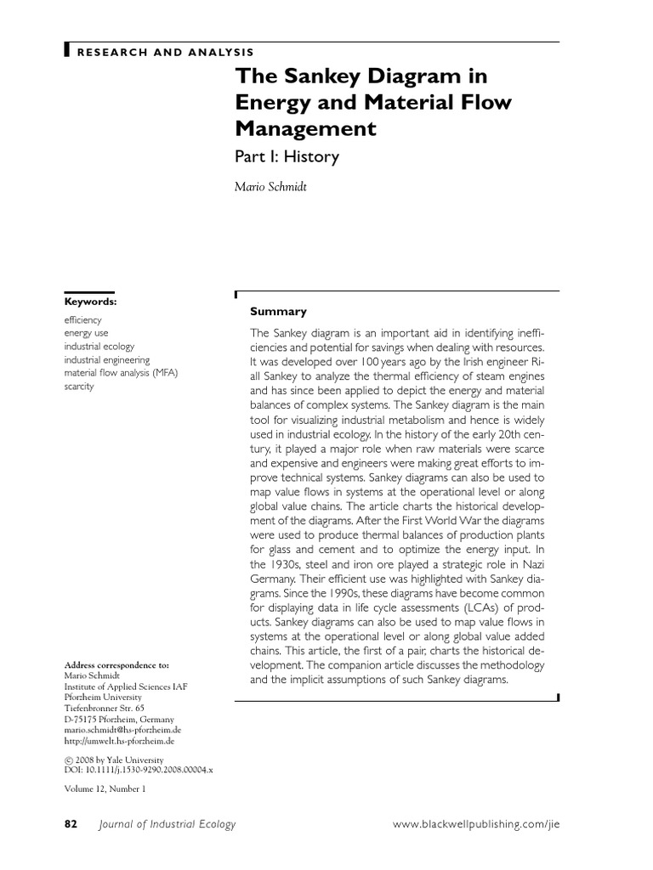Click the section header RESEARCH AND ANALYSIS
[165, 52]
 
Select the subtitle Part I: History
[287, 157]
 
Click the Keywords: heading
[91, 302]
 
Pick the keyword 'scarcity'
[79, 387]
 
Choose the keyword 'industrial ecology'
[99, 347]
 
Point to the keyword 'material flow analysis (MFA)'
[122, 373]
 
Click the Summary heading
[278, 312]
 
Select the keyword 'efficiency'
[83, 320]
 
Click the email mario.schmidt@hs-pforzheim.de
[123, 730]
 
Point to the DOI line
[139, 769]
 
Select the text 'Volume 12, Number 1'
[105, 788]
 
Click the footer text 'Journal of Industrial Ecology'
[168, 824]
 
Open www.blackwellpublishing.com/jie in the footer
[480, 824]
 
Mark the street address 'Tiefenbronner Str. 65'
[105, 707]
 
